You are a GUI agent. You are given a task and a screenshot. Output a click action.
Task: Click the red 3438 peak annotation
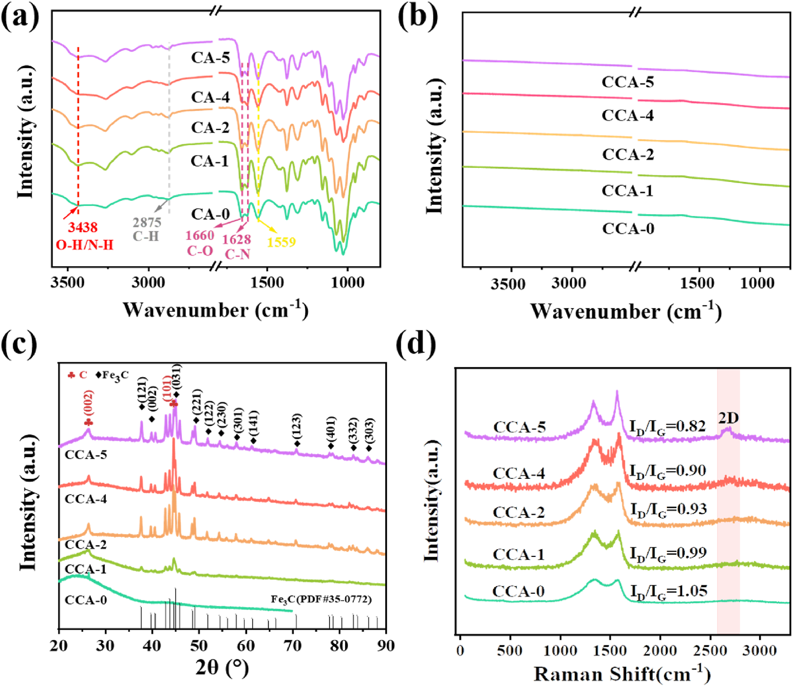[x=83, y=227]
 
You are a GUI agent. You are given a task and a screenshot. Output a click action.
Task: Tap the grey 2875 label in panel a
[x=147, y=222]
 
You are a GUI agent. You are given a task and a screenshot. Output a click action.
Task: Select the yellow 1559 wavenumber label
[x=281, y=242]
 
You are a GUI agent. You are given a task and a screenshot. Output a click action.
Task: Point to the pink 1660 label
[x=200, y=236]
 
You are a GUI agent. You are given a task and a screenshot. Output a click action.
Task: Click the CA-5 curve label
[x=210, y=58]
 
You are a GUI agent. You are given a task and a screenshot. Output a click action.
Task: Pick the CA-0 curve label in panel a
[x=210, y=214]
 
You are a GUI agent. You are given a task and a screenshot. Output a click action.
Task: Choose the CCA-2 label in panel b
[x=628, y=155]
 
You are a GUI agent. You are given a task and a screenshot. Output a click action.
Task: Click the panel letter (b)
[x=417, y=17]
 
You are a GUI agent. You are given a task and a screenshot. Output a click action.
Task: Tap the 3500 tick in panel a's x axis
[x=67, y=282]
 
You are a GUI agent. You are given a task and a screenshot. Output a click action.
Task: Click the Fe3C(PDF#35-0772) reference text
[x=321, y=599]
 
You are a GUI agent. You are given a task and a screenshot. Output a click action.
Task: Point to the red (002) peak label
[x=89, y=403]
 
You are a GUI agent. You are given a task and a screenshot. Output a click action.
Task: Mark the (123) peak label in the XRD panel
[x=296, y=426]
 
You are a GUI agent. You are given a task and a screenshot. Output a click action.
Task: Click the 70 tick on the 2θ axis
[x=293, y=646]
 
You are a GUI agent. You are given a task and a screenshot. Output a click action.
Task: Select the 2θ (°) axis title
[x=221, y=667]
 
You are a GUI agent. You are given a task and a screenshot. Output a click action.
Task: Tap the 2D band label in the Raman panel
[x=728, y=417]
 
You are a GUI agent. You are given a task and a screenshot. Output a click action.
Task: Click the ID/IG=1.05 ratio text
[x=668, y=591]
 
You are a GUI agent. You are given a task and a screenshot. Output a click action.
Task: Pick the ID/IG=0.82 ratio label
[x=668, y=427]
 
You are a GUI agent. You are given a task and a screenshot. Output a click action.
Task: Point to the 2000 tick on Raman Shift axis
[x=660, y=651]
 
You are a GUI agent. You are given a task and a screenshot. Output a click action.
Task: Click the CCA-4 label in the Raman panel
[x=519, y=474]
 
